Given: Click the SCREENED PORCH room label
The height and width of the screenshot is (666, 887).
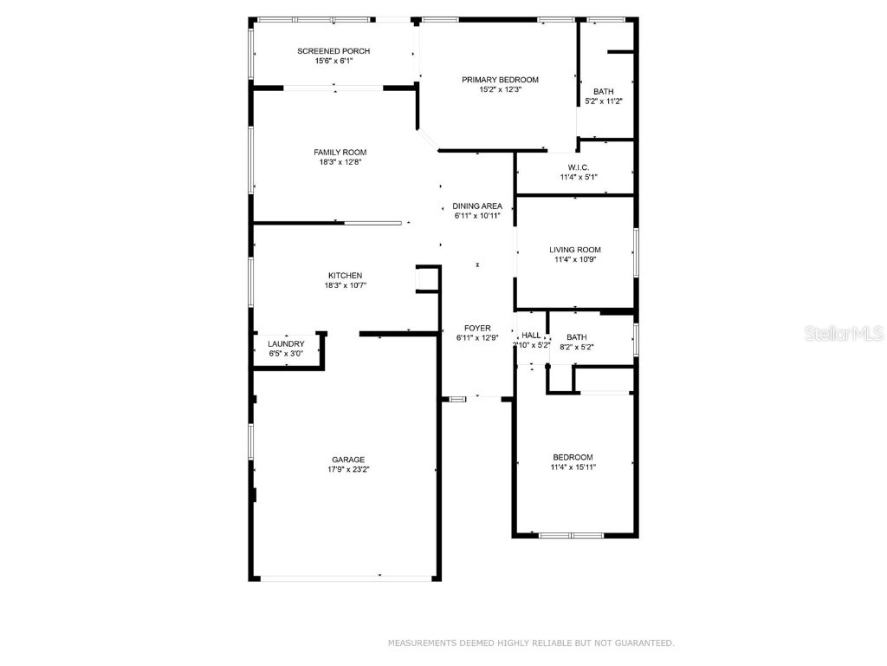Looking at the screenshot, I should (333, 51).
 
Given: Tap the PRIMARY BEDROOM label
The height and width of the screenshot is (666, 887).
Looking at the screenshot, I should (500, 80).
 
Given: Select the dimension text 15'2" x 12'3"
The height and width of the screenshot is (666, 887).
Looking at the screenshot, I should (500, 89).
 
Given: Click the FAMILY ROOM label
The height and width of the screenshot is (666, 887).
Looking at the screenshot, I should (340, 153).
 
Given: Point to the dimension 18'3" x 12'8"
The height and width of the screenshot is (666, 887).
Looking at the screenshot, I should (340, 162).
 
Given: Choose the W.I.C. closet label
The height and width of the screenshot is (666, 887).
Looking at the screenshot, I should (578, 167).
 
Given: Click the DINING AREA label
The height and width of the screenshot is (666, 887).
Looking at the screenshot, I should (477, 206).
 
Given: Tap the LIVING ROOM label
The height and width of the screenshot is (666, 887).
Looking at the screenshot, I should (575, 250).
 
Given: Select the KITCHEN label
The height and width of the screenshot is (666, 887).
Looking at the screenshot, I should (345, 276).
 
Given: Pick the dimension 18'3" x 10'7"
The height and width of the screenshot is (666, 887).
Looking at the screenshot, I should (345, 285).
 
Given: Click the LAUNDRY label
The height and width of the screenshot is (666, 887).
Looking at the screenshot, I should (286, 344).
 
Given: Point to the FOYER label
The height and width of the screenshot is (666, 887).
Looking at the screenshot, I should (477, 329).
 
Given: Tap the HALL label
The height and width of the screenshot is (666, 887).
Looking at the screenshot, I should (531, 335).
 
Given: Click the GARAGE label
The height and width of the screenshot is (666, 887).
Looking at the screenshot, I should (348, 460).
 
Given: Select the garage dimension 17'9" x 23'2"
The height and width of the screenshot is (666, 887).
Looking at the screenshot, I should (348, 470).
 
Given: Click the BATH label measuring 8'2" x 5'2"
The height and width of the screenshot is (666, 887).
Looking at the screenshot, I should (576, 338).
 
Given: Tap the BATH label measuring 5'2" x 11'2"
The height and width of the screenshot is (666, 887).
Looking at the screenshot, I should (603, 92).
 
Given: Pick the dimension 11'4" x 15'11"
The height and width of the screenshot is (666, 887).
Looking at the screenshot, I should (573, 467).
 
